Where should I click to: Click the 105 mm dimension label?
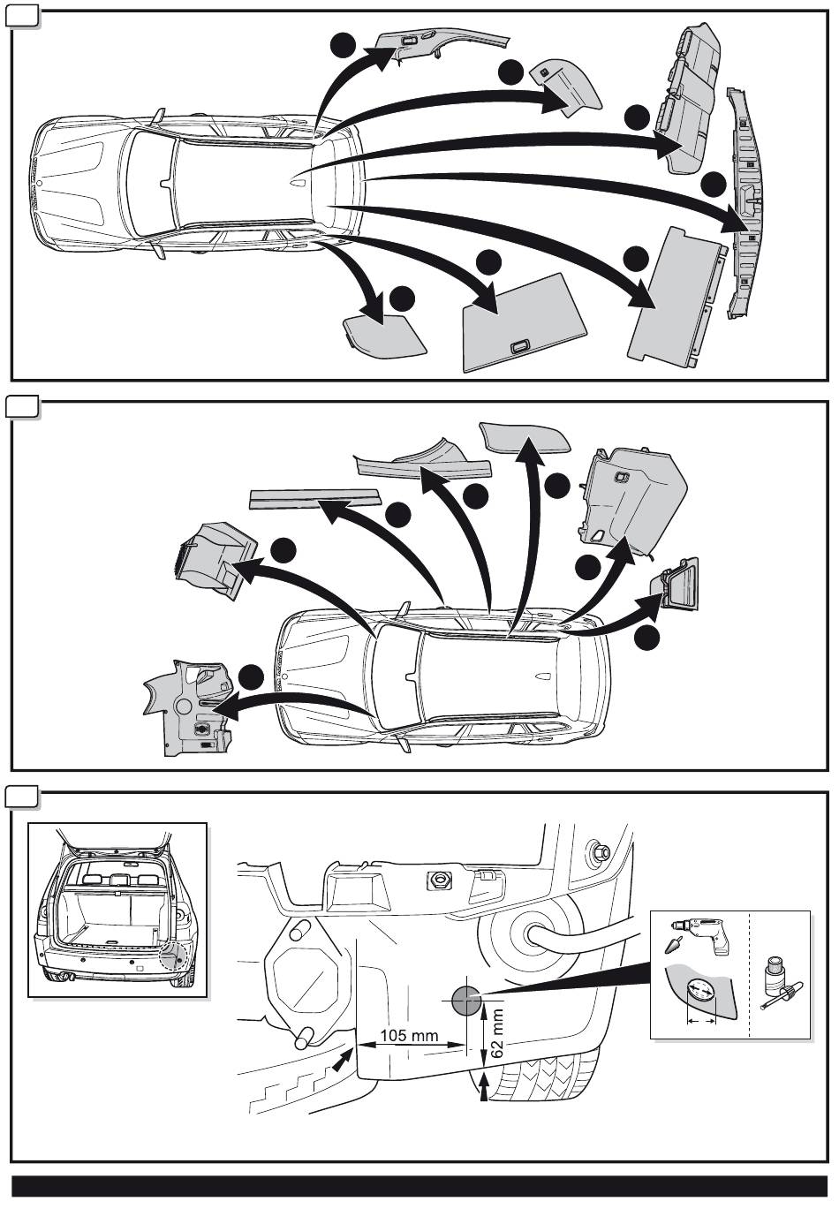point(409,1035)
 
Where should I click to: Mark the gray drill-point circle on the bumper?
point(464,1000)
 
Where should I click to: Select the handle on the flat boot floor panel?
point(520,345)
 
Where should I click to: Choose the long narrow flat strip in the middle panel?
point(314,499)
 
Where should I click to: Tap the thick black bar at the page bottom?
point(419,1186)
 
